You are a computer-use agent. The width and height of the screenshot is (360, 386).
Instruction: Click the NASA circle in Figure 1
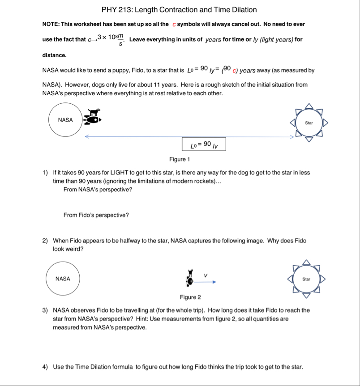coord(65,119)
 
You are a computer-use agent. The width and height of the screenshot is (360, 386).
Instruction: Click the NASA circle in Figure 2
coord(63,279)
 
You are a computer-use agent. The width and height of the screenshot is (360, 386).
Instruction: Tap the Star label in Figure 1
coord(309,123)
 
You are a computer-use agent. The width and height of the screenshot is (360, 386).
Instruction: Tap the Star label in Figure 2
coord(306,279)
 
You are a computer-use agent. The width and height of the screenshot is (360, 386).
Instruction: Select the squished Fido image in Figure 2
coord(190,277)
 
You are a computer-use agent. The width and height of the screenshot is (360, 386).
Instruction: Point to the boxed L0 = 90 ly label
coord(204,144)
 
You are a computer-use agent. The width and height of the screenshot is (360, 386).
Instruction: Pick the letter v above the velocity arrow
coord(206,275)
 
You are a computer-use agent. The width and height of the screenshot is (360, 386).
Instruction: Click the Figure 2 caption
coord(190,297)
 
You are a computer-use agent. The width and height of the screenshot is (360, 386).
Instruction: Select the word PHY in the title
coord(109,10)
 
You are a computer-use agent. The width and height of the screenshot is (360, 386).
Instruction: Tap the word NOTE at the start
coord(51,24)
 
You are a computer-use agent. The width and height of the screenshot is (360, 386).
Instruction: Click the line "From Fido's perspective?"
coord(96,215)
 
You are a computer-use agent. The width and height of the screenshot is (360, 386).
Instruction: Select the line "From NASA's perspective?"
coord(98,190)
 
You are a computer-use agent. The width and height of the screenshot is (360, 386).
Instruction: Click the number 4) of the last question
coord(45,367)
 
